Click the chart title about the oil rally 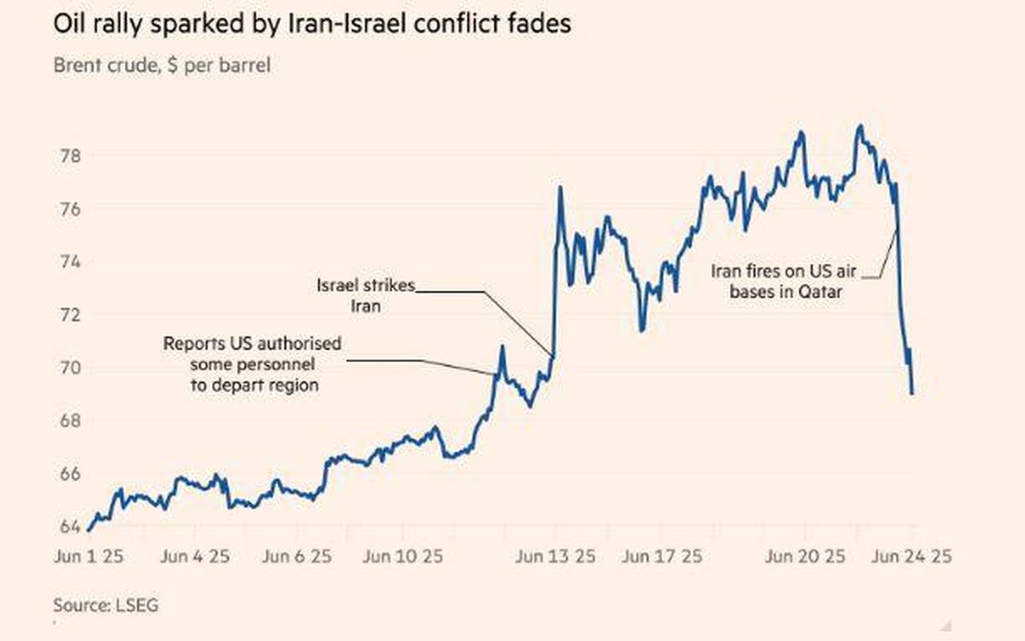pos(313,24)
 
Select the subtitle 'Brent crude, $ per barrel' pos(161,65)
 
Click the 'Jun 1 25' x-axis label pos(89,557)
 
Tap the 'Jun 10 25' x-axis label pos(402,557)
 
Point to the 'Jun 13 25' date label pos(556,557)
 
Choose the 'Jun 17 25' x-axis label pos(662,557)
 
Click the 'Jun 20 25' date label pos(805,557)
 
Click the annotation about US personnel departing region pos(253,364)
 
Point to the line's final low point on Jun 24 pos(912,393)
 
